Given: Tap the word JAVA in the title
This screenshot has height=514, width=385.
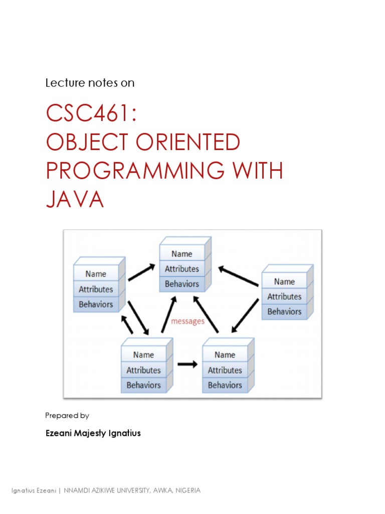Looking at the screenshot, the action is pyautogui.click(x=75, y=200).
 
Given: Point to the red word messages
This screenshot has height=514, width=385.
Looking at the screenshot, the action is pyautogui.click(x=188, y=321).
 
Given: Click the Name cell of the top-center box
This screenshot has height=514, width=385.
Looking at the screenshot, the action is pyautogui.click(x=182, y=254).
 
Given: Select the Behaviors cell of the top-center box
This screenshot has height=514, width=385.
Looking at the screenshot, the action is pyautogui.click(x=182, y=284).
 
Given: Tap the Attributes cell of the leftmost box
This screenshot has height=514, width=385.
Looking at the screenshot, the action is pyautogui.click(x=96, y=289).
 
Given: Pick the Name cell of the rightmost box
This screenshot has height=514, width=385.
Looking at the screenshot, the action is pyautogui.click(x=284, y=282).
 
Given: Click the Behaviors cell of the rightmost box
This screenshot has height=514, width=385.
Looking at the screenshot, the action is pyautogui.click(x=284, y=311).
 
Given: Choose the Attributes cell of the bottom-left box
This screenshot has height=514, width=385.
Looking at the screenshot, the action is pyautogui.click(x=143, y=370).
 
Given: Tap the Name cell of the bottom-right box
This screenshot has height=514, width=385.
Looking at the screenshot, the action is pyautogui.click(x=225, y=355).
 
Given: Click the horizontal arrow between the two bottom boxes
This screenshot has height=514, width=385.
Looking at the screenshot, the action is pyautogui.click(x=188, y=365).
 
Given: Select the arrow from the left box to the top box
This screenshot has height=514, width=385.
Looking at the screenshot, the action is pyautogui.click(x=141, y=272).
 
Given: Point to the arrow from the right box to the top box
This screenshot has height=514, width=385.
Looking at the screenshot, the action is pyautogui.click(x=238, y=277).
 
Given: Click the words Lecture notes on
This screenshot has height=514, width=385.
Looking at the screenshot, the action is pyautogui.click(x=90, y=83).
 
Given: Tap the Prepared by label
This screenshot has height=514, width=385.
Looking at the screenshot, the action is pyautogui.click(x=67, y=415).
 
